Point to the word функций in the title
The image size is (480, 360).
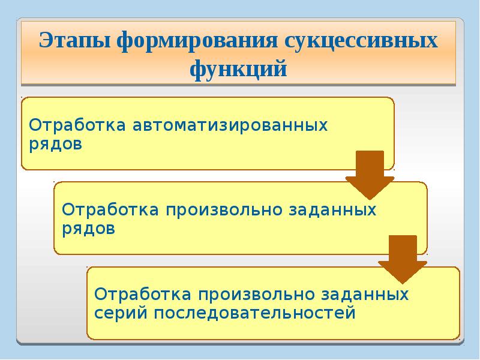coord(239,70)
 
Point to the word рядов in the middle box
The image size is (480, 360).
coord(88,229)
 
